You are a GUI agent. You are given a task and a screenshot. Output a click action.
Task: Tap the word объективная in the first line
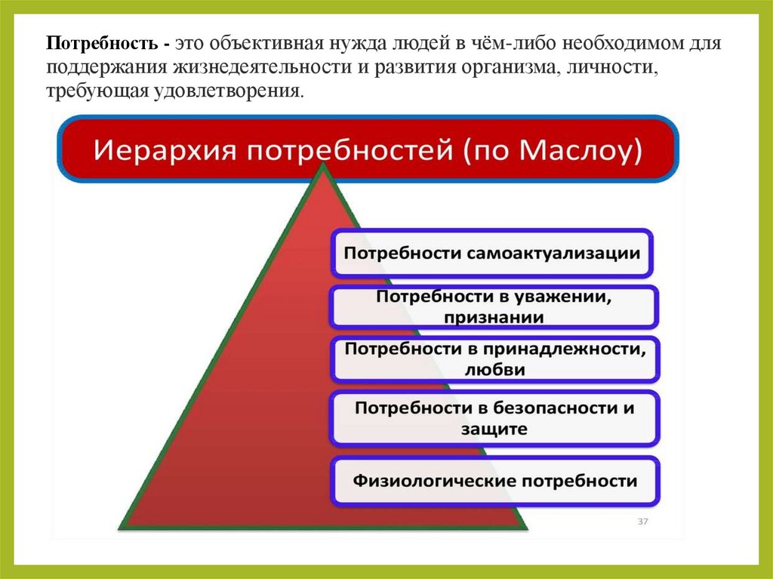click(x=263, y=43)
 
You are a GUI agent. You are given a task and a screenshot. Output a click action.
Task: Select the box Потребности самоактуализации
click(x=492, y=252)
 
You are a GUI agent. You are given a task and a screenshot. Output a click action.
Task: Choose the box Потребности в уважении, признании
click(x=494, y=306)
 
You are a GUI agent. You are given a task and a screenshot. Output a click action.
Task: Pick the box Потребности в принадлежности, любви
click(x=494, y=359)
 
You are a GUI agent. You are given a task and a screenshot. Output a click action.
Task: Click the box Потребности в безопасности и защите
click(x=494, y=417)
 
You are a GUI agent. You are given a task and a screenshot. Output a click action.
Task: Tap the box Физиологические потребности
click(x=495, y=481)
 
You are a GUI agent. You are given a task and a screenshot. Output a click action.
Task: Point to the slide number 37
click(x=643, y=522)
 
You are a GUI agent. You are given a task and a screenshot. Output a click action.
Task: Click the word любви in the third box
click(x=494, y=370)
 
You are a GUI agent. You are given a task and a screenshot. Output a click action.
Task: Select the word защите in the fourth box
click(x=494, y=429)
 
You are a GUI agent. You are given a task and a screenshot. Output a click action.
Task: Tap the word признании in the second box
click(x=494, y=318)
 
